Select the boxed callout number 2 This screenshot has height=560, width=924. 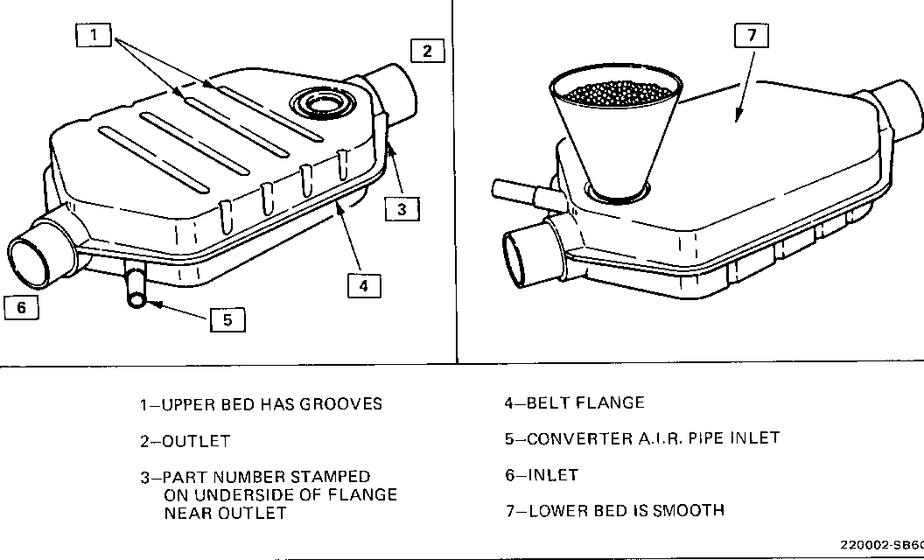tap(426, 51)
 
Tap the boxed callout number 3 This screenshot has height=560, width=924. tap(402, 208)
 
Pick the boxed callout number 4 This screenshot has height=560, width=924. tap(364, 285)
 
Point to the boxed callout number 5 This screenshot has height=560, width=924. tap(227, 319)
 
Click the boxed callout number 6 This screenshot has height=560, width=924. tap(21, 307)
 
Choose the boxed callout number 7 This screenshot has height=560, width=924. tap(751, 36)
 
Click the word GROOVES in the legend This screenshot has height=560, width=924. tap(340, 404)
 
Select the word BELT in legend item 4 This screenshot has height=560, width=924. tap(548, 403)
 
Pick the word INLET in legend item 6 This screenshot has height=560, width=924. tap(553, 475)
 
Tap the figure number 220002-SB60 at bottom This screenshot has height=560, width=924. tap(884, 543)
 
